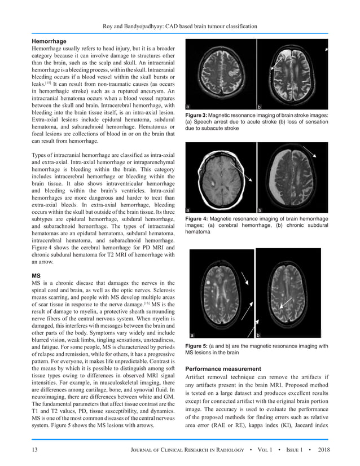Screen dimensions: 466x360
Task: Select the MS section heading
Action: coord(36,277)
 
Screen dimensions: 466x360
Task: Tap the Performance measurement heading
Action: coord(223,368)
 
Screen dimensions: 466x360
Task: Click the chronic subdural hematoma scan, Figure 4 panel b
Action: coord(292,178)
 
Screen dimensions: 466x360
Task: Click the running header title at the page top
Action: coord(179,26)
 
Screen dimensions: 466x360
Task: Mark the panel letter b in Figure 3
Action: coord(259,106)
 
